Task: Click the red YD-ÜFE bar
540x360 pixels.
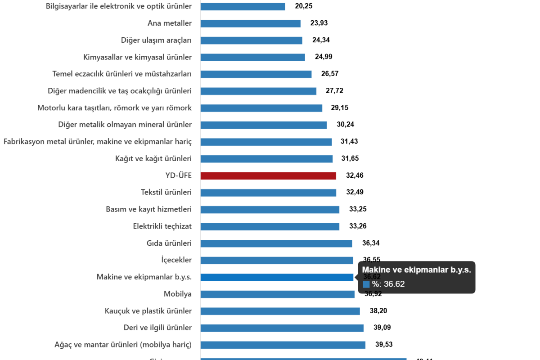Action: coord(268,176)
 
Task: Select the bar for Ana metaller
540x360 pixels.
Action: coord(250,23)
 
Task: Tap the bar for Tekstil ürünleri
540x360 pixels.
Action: coord(268,193)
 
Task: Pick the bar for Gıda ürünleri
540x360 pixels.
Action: coord(276,243)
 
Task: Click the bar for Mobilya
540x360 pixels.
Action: coord(277,294)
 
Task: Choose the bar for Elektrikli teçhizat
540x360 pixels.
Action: coord(270,227)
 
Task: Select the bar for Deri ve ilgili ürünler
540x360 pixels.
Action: coord(282,328)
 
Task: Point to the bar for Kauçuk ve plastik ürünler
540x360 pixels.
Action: coord(280,311)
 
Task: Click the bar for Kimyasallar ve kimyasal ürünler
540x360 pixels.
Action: coord(252,57)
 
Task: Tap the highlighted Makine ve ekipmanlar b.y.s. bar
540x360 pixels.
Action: coord(277,277)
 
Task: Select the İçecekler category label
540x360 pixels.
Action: coord(177,260)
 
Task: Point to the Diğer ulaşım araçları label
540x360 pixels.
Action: coord(156,40)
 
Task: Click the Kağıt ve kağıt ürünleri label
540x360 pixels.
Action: coord(153,159)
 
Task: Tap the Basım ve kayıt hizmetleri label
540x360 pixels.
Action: coord(148,210)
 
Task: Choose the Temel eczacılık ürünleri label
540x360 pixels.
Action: coord(122,74)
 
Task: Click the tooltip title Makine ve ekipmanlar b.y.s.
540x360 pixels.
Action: coord(416,270)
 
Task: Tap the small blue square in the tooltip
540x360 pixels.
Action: coord(366,284)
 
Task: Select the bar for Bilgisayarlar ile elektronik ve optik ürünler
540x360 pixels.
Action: coord(243,6)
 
